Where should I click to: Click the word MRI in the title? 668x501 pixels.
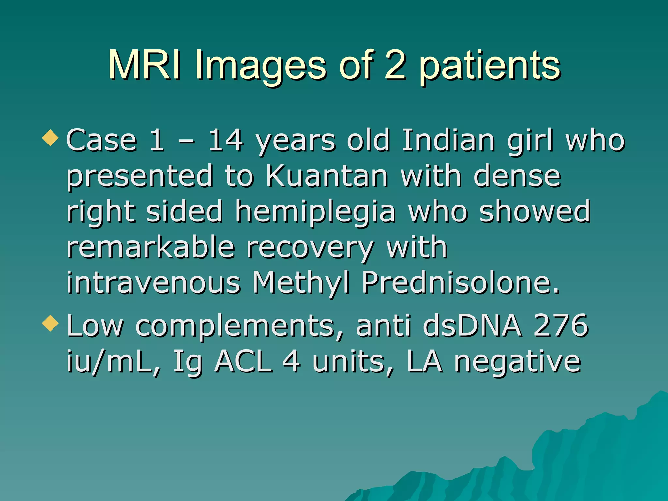click(144, 65)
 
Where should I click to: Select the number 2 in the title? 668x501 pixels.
click(395, 65)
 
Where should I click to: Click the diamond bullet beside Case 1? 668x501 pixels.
click(51, 137)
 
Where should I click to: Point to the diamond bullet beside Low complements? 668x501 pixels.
click(51, 323)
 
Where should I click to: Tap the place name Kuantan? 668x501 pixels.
click(327, 176)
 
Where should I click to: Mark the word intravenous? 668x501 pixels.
click(153, 282)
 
